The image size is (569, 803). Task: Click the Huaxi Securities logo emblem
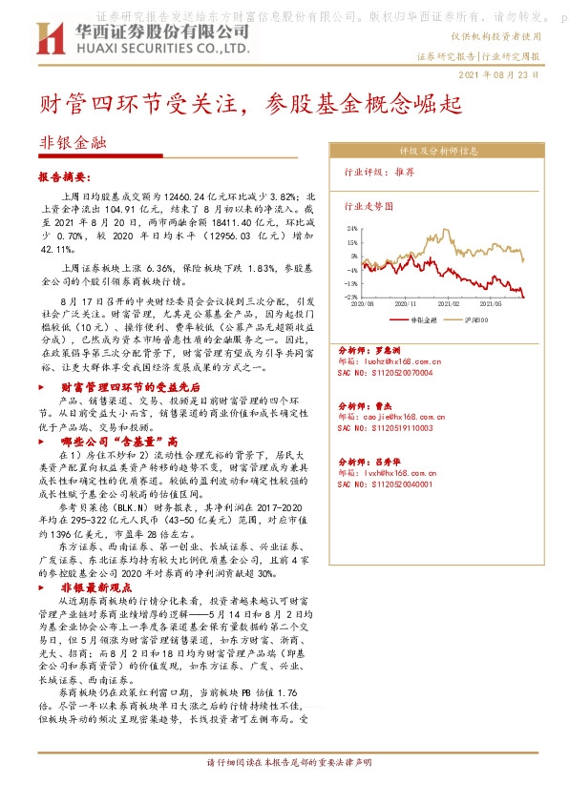coord(48,41)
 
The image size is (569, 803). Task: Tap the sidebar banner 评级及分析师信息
coord(437,151)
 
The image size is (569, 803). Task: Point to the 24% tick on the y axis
coord(351,229)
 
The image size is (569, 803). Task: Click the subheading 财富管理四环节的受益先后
coord(131,387)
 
